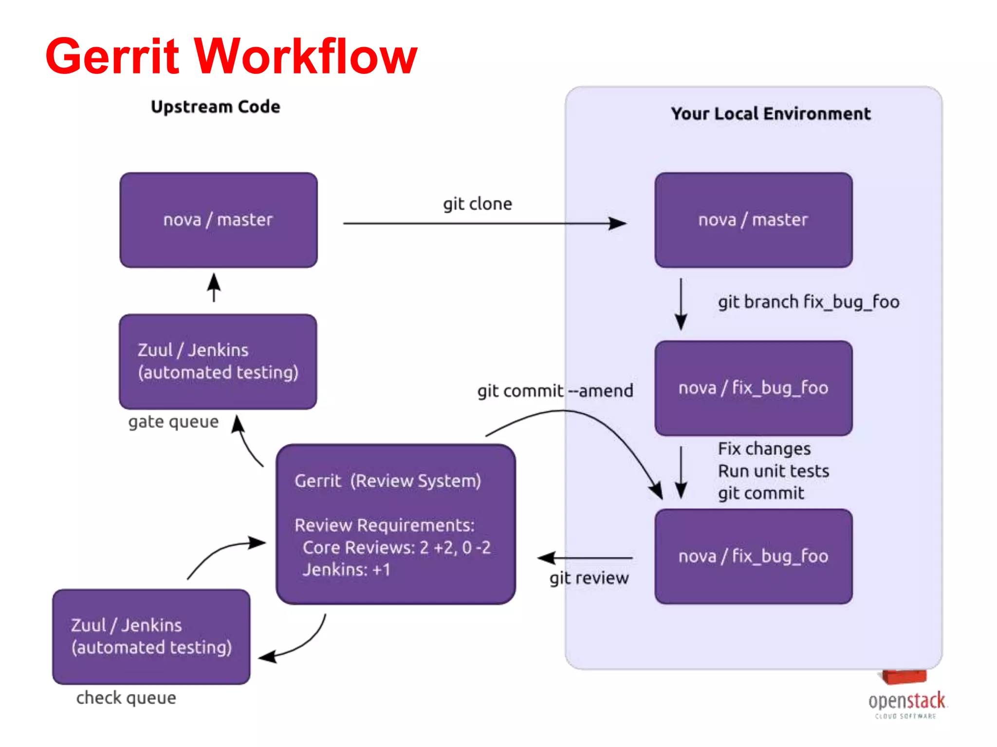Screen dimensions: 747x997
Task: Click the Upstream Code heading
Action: [215, 107]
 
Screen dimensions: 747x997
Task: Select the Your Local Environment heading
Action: [770, 114]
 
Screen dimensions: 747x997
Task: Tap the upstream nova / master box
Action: [219, 220]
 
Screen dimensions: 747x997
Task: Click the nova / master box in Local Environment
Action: [753, 220]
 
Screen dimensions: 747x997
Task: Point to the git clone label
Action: [477, 204]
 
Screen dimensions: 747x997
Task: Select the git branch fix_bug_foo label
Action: [808, 302]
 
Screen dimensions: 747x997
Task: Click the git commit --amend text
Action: [555, 391]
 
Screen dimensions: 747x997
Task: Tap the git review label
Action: [589, 578]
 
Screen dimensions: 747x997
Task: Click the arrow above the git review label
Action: [584, 558]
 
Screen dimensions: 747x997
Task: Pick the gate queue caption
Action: [173, 422]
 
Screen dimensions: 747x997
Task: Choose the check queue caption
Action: [126, 698]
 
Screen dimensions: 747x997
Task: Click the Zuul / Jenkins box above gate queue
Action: [218, 361]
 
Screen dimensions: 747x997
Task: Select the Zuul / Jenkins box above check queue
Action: [151, 637]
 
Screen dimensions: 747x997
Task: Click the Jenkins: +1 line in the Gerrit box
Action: [346, 569]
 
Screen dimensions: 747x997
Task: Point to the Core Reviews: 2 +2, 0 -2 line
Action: [396, 548]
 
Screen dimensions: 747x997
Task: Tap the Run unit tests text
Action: [773, 471]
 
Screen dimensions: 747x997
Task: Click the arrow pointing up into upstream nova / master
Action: [214, 287]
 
